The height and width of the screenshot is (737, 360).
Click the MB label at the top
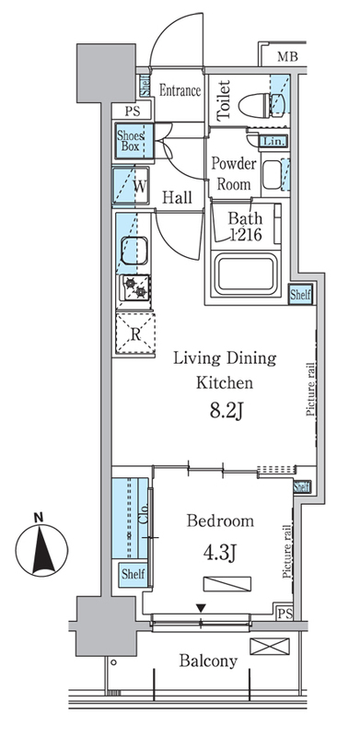287,57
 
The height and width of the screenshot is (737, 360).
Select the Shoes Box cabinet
134,141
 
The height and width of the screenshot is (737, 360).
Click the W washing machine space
131,186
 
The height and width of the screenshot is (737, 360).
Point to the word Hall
177,198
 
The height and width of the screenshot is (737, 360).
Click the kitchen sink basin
134,251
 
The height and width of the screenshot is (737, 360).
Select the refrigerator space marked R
135,333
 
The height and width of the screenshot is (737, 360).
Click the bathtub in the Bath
243,273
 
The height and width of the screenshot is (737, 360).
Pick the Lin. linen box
273,141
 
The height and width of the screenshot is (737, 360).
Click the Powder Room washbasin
272,174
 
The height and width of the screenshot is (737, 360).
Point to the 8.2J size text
226,412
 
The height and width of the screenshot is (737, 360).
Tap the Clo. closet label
144,513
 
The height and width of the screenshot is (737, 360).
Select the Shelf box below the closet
133,574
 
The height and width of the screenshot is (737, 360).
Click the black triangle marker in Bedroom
201,609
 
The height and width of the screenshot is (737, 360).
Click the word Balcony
208,661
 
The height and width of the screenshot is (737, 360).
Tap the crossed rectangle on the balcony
269,646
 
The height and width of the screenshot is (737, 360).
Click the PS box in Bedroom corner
285,614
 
